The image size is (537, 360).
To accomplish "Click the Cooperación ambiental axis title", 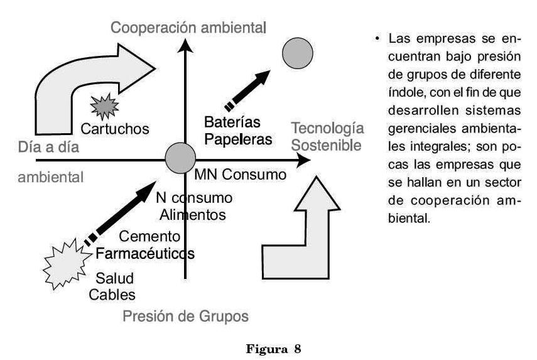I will click(x=188, y=28).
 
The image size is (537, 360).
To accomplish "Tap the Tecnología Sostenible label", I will click(x=327, y=137).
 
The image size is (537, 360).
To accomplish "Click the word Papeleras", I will click(x=239, y=139).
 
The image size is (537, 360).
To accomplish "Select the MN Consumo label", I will click(x=241, y=174).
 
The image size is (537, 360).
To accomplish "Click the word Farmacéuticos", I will click(x=144, y=254).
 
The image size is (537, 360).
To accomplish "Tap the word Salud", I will click(x=114, y=277).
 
